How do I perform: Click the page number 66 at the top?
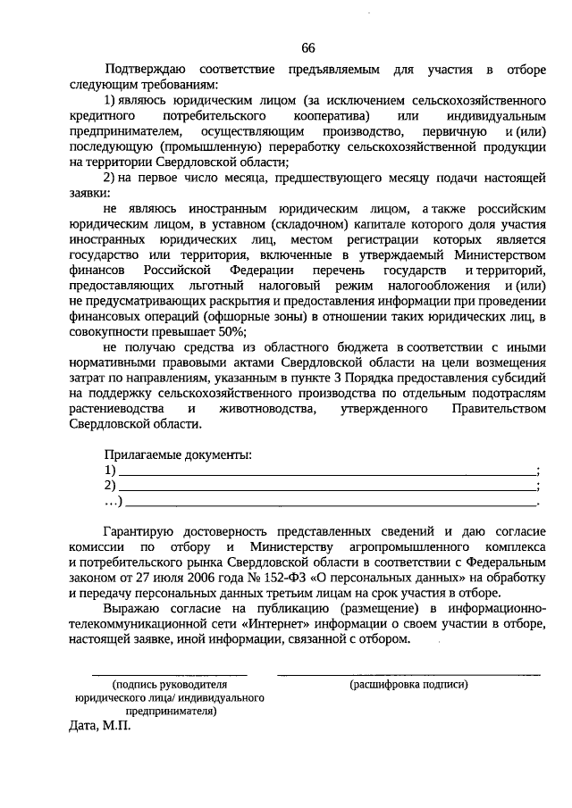pyautogui.click(x=308, y=47)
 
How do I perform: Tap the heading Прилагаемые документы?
pyautogui.click(x=178, y=454)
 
